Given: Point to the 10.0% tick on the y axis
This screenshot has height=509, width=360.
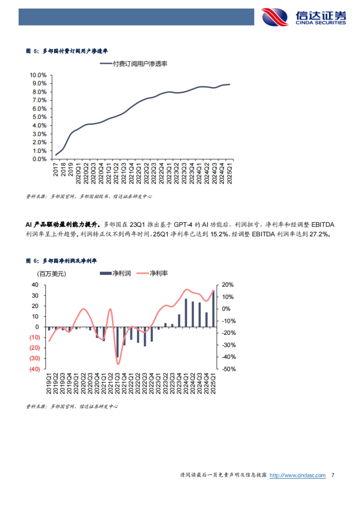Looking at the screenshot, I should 38,75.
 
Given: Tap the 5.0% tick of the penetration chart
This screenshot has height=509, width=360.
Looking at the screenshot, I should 40,117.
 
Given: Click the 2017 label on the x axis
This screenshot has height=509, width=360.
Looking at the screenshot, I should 56,169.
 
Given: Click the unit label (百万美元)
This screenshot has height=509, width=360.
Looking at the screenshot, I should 52,274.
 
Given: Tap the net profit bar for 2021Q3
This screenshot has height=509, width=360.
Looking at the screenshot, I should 117,342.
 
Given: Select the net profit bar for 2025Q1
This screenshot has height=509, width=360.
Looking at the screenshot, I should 213,308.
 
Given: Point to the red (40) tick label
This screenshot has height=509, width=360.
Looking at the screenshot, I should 34,369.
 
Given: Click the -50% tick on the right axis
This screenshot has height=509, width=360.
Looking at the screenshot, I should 229,369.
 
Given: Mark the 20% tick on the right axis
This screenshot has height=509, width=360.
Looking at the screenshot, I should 227,285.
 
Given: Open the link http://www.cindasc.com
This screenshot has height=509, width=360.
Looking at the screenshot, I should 297,475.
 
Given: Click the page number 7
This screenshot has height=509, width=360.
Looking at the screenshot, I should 333,475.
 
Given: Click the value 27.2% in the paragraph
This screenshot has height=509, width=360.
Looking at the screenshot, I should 319,234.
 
